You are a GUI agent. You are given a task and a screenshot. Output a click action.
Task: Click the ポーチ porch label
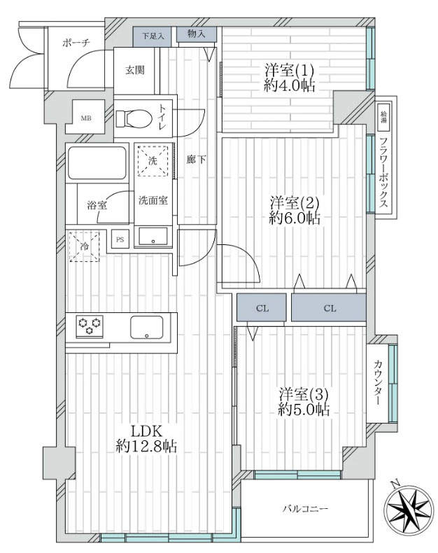tap(76, 43)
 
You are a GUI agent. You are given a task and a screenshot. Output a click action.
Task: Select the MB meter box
tap(85, 117)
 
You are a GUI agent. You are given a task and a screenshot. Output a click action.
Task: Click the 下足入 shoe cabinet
tap(153, 36)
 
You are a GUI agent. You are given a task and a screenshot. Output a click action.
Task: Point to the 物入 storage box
tap(197, 34)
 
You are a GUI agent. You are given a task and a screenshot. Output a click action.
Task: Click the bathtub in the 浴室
tap(97, 163)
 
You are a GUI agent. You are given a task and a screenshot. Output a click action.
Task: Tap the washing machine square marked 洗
tap(153, 160)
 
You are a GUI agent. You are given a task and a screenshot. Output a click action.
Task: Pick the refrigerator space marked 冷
tap(84, 246)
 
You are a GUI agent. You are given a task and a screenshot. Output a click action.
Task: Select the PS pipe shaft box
tap(120, 239)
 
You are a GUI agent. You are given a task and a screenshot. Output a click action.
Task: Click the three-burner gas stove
tap(90, 326)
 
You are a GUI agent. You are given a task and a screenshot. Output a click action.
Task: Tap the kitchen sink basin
tap(147, 328)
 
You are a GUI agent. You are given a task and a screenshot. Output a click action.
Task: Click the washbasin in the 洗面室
tap(153, 237)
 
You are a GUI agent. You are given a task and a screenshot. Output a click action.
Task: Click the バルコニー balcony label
tap(305, 509)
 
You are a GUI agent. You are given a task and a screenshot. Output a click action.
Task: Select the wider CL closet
tap(329, 308)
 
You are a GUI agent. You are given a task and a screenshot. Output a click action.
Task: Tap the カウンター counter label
tap(377, 383)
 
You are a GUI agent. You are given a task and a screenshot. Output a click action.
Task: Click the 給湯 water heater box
tap(383, 117)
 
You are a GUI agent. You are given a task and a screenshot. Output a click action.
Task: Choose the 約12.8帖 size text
tap(146, 447)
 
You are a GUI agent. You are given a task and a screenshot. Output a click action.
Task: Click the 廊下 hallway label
tap(197, 160)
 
